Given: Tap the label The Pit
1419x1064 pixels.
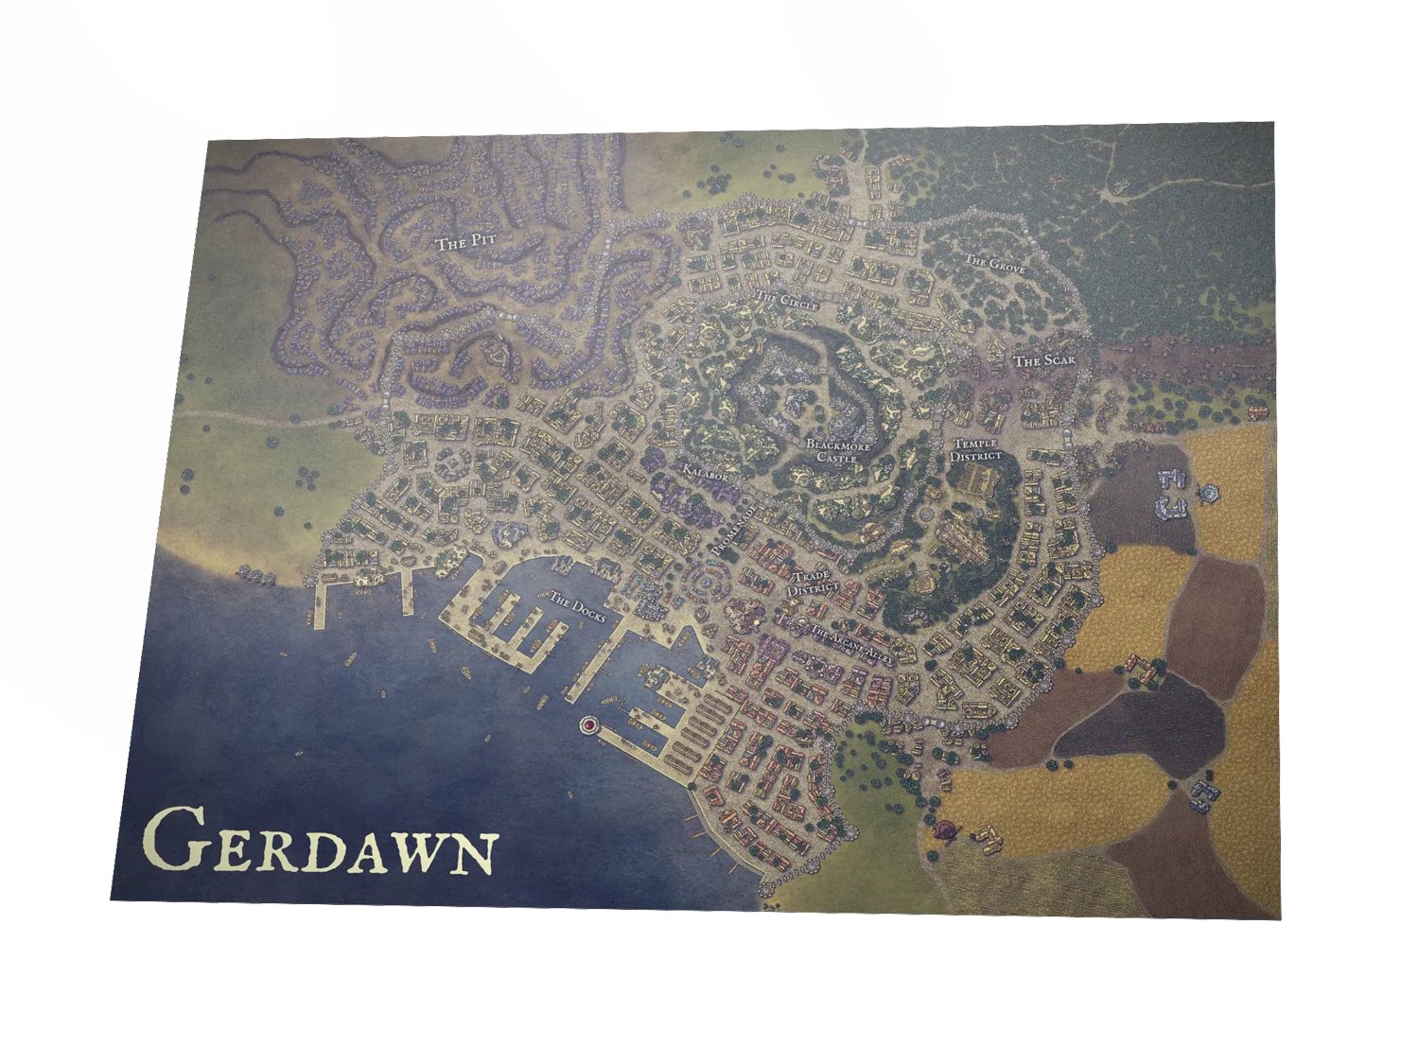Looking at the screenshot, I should tap(465, 243).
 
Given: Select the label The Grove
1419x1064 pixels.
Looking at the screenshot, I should tap(994, 263).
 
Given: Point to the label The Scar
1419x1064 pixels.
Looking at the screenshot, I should tap(1043, 361).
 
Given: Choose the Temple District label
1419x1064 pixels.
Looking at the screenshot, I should tap(976, 450).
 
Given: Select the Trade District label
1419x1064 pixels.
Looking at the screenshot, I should tap(814, 583).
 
